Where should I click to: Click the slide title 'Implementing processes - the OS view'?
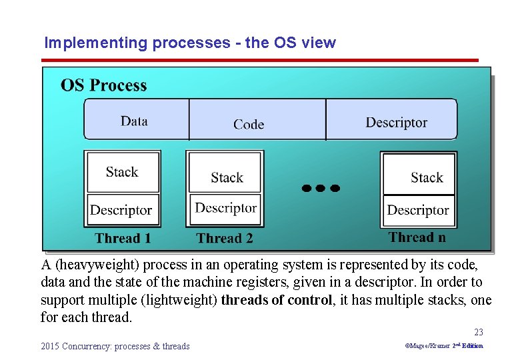coord(190,43)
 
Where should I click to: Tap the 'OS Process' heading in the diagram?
coord(103,85)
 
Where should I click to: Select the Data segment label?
coord(134,121)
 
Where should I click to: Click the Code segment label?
coord(249,124)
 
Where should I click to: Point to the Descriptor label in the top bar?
coord(396,123)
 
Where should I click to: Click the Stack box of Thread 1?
coord(122,172)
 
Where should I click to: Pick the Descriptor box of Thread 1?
coord(121,210)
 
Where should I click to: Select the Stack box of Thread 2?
coord(227,177)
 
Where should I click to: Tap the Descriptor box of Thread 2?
coord(226,207)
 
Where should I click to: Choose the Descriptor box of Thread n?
coord(418,210)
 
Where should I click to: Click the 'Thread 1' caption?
coord(123,238)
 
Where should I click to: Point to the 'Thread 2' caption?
coord(225,238)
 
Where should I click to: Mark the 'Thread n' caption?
coord(417,237)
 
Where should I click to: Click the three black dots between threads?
coord(320,189)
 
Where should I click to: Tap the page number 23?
coord(479,332)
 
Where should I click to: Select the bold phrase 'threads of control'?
coord(277,300)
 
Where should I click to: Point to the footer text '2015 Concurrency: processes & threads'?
coord(115,346)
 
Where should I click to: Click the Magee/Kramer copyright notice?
coord(444,346)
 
